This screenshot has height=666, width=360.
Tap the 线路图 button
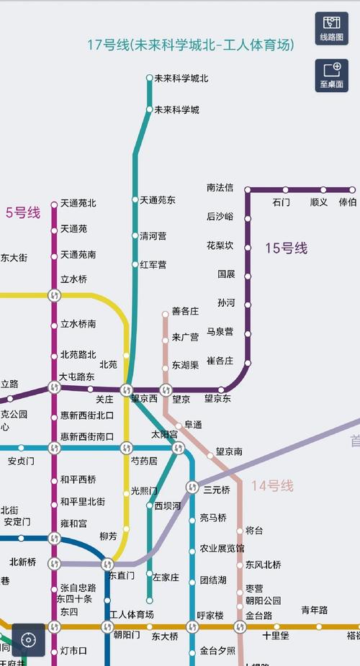(331, 28)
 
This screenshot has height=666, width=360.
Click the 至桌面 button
(331, 75)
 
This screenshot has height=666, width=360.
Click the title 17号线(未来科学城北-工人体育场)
(191, 45)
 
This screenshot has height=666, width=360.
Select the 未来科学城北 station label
(181, 78)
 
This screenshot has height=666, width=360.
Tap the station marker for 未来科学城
(149, 109)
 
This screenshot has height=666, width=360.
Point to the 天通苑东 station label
(158, 199)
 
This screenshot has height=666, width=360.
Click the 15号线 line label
(286, 248)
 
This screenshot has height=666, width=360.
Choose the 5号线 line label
(23, 212)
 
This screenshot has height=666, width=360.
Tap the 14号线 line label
(272, 486)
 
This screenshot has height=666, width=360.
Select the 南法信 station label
(220, 188)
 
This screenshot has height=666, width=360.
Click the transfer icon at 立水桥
(54, 294)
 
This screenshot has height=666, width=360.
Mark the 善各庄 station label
(185, 312)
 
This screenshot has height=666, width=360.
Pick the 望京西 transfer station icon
(127, 390)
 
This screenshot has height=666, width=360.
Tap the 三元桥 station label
(216, 490)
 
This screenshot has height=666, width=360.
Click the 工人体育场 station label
(131, 615)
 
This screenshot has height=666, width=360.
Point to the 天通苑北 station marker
(54, 204)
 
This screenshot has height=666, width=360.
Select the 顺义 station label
(318, 202)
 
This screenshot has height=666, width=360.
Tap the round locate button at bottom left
(28, 639)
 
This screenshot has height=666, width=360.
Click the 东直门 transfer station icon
(107, 563)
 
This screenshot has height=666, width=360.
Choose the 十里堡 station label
(275, 636)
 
